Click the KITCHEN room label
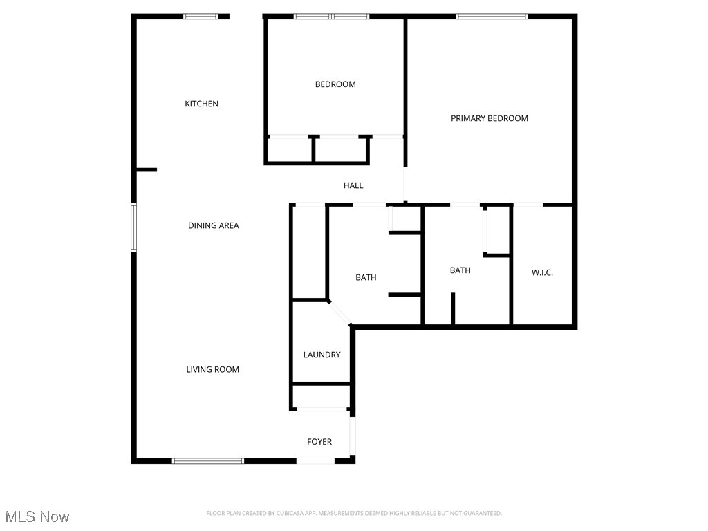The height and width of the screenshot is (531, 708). coord(201,104)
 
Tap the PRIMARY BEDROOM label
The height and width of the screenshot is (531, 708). coord(489,118)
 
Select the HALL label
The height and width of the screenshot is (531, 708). coord(353,185)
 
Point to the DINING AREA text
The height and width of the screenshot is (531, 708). coord(214,225)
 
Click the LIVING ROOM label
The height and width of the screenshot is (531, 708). coord(212,369)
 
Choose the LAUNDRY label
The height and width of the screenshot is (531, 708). coord(322,355)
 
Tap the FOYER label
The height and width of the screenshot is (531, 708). coord(319,441)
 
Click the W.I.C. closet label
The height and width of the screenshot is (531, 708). coord(542,272)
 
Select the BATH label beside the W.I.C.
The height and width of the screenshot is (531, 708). coord(460,270)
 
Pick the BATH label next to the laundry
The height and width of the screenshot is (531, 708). coord(366,277)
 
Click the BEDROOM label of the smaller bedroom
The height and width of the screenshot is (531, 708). coord(335,84)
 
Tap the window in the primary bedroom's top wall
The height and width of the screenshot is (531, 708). coord(492,16)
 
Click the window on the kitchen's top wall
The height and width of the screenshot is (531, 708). coord(201,16)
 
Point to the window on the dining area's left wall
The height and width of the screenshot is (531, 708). coord(134,227)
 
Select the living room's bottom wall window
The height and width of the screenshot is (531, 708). coord(208,460)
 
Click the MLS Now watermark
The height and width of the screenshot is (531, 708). coord(38,516)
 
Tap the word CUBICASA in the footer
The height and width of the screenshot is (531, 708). coord(286,513)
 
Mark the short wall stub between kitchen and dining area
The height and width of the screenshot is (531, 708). coord(147,169)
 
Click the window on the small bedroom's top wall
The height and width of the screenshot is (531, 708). coord(332,16)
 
